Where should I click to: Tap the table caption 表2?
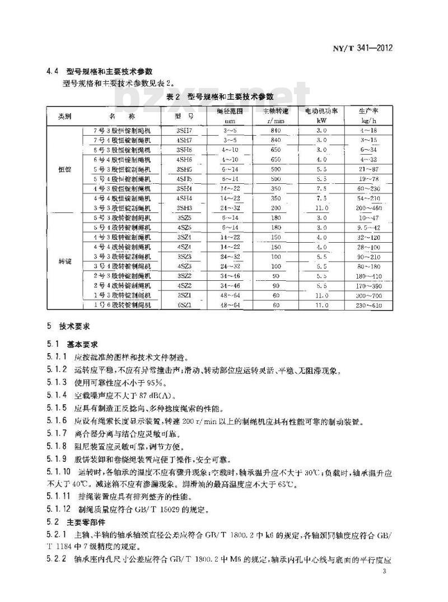coord(172,97)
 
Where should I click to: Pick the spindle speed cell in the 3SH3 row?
coord(274,208)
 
